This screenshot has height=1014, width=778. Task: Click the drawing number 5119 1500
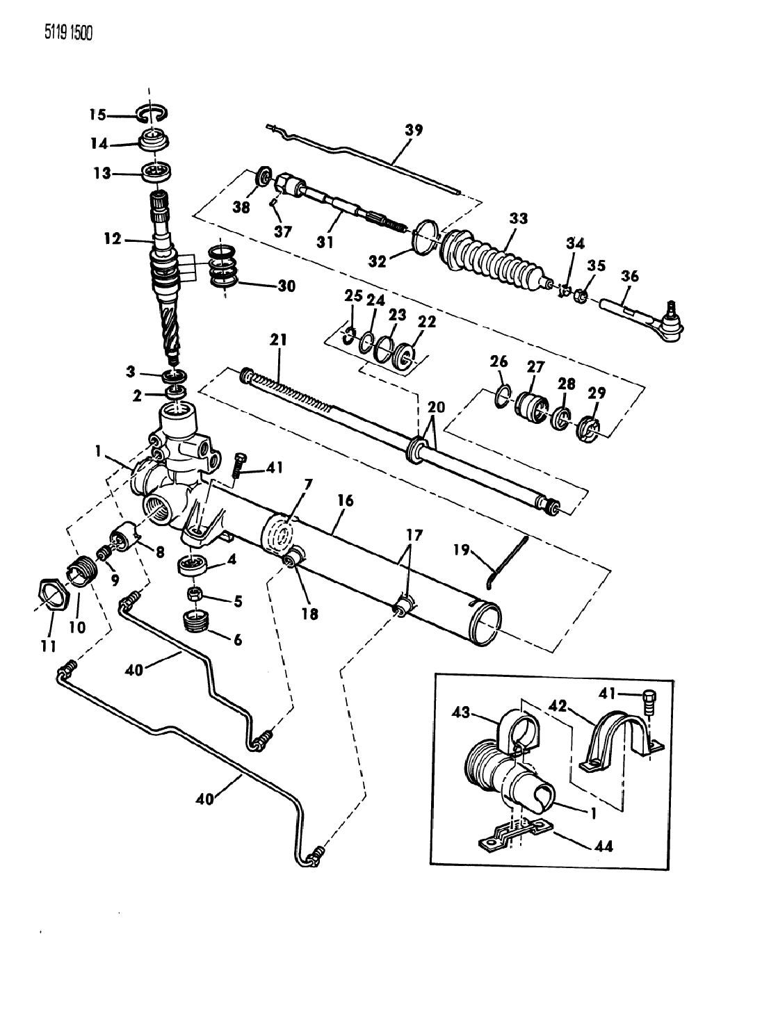pos(68,33)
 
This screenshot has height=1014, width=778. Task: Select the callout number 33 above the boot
pos(517,218)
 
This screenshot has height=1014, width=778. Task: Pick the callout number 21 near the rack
pos(278,340)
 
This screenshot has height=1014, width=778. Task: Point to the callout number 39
pos(414,130)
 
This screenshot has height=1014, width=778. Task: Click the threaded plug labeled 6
pos(197,621)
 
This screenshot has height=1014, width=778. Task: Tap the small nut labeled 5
pos(194,594)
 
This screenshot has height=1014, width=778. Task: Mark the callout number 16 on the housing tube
pos(346,500)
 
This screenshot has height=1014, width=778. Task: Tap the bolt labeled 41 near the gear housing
pos(238,464)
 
